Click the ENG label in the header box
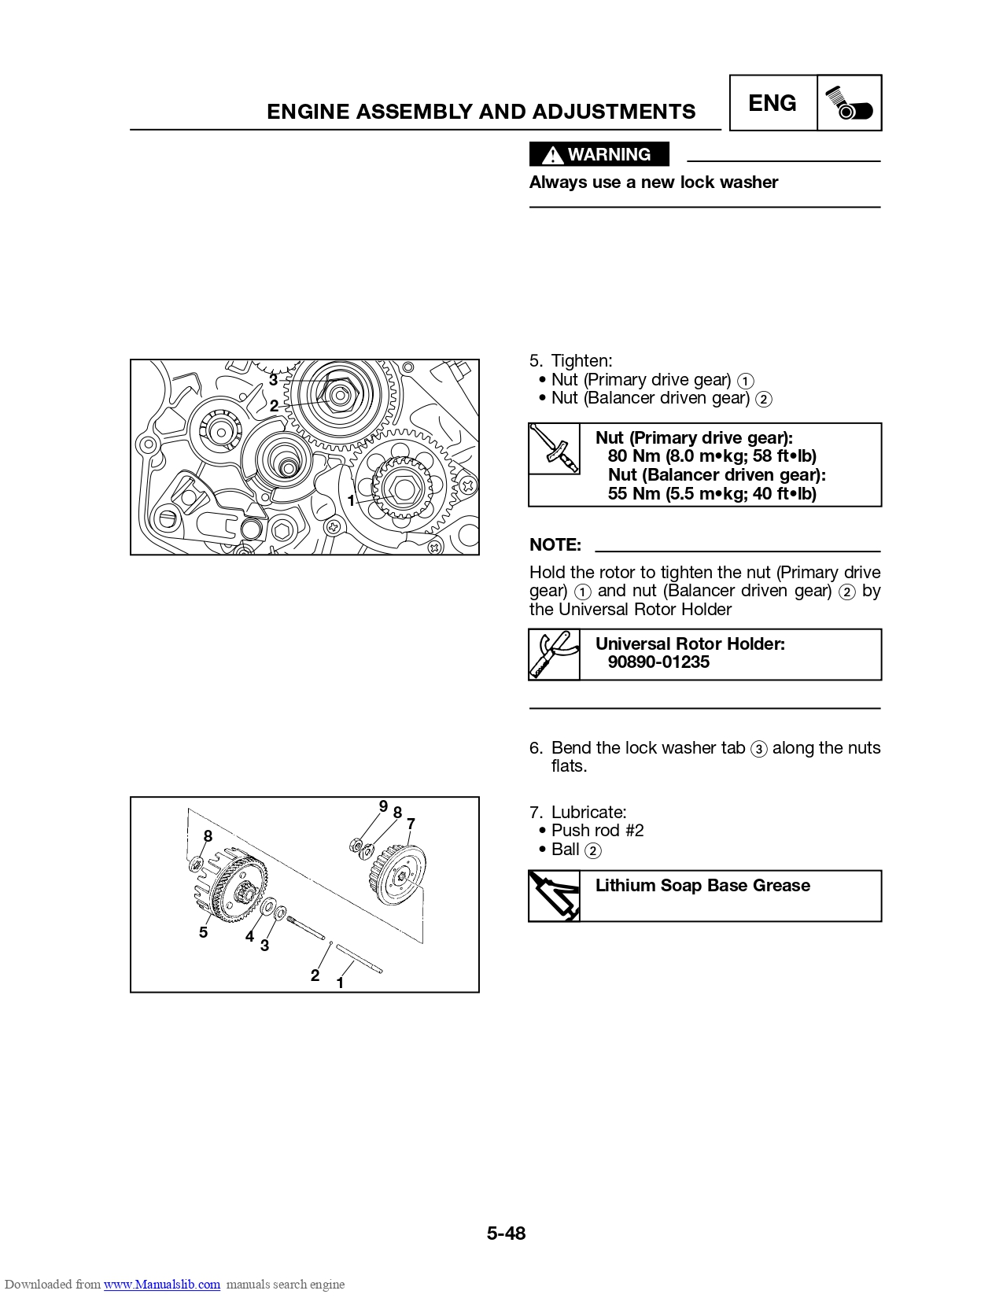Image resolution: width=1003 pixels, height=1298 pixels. pos(772,103)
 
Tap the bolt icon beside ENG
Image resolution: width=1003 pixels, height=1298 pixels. pos(849,103)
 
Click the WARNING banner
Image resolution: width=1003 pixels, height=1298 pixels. pos(599,154)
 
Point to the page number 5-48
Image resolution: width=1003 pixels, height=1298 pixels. pos(506,1233)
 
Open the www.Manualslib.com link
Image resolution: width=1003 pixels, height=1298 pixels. pos(162,1284)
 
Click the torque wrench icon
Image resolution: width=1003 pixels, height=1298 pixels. pos(554,448)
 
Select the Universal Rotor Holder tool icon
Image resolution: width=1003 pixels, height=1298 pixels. pos(554,654)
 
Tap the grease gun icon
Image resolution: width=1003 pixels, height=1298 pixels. pos(554,895)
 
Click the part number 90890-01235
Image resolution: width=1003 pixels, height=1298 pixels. pos(658,662)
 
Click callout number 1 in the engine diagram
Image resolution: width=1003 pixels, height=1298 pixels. pos(351,500)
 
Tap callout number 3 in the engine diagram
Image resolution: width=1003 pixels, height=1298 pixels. pos(273,379)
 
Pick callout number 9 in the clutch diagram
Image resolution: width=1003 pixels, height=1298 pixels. pos(383,806)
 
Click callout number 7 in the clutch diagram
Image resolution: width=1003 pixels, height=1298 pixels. pos(411,824)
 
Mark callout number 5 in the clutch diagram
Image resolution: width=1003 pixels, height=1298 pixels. pos(203,932)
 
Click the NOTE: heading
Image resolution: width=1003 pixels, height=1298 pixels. pos(555,544)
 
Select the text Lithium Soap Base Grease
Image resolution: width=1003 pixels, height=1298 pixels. pos(702,886)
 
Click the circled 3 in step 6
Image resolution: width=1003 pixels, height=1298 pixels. pos(758,749)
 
